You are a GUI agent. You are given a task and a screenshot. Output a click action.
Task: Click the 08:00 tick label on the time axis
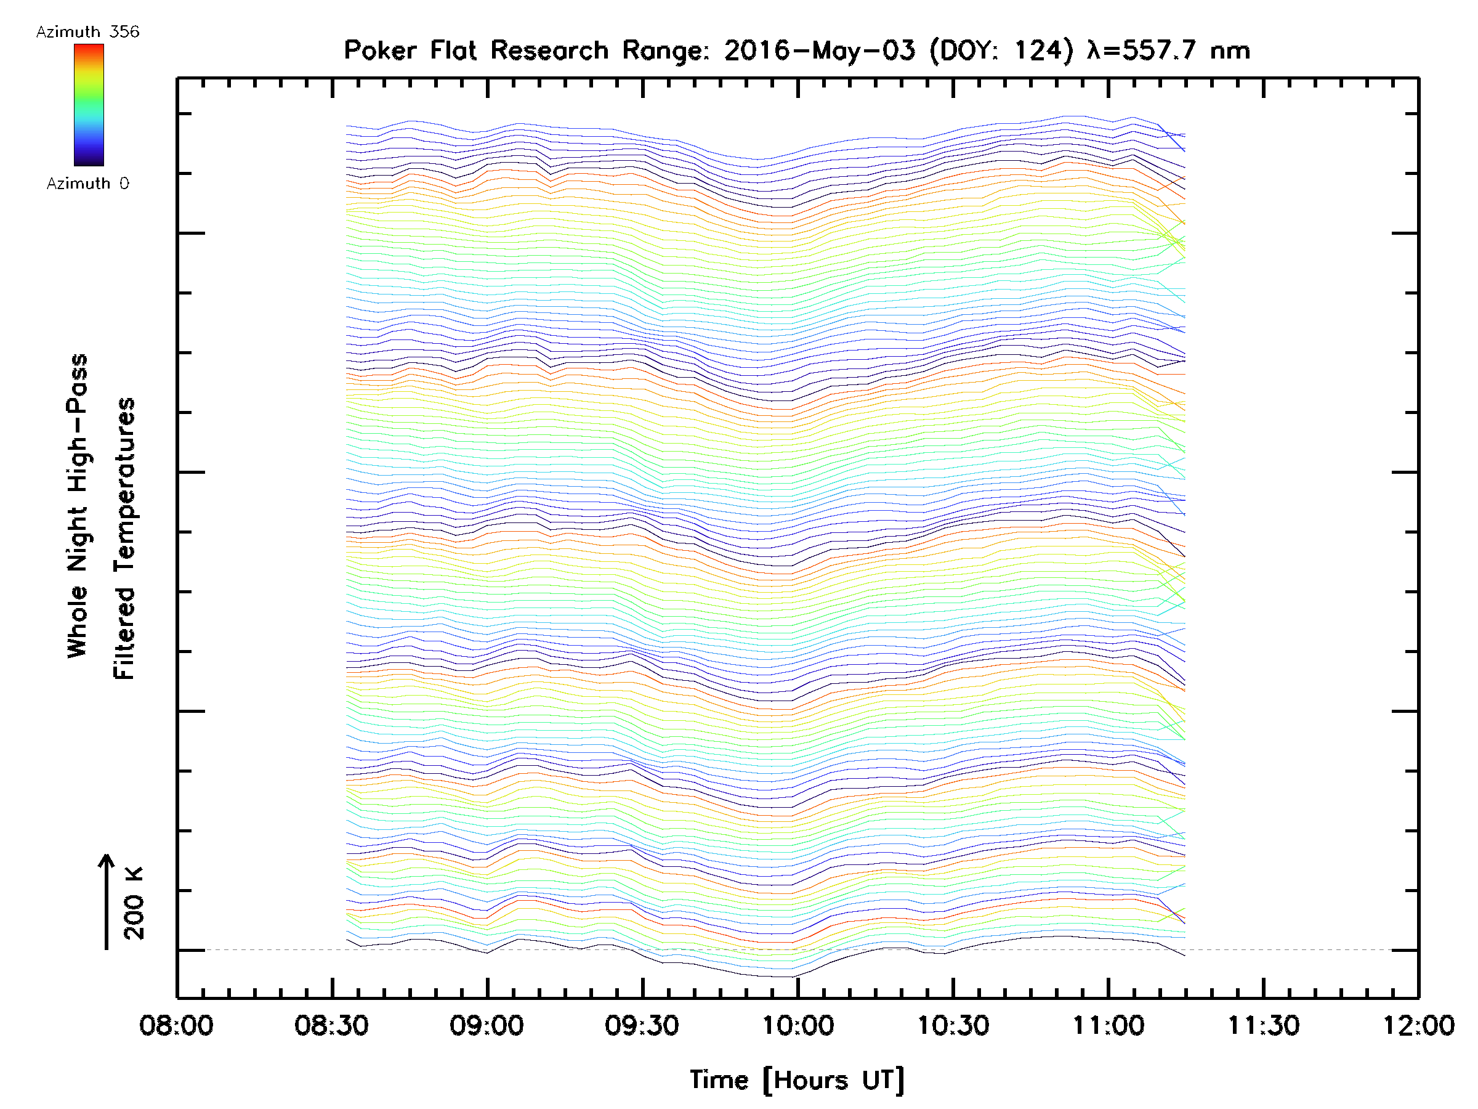coord(176,1025)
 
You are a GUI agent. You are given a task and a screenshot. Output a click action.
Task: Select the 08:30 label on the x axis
coord(331,1025)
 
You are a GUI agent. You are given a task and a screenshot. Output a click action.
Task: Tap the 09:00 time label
coord(487,1025)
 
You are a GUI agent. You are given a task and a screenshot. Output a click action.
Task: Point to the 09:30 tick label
coord(642,1025)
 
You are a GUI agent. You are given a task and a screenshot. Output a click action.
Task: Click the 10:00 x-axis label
coord(797,1025)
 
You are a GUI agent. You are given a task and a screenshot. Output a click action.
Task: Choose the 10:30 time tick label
coord(953,1025)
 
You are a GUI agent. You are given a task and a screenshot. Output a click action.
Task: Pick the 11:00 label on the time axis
coord(1108,1025)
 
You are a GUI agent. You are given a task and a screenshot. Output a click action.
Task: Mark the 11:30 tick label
coord(1264,1025)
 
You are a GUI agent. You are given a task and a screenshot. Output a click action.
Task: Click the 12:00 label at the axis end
coord(1418,1025)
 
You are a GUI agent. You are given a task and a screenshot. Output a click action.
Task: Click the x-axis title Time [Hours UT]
coord(796,1080)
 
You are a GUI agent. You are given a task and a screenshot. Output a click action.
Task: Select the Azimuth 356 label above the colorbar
coord(87,32)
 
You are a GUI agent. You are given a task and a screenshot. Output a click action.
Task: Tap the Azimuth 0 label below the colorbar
coord(87,183)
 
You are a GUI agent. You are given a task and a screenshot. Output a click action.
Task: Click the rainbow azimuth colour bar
coord(89,105)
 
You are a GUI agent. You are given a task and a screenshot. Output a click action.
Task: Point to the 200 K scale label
coord(134,903)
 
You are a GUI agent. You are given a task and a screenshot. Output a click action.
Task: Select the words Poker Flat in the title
coord(409,50)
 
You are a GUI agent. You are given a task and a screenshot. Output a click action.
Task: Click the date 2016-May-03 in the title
coord(819,50)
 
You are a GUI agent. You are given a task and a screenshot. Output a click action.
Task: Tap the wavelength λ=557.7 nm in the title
coord(1168,50)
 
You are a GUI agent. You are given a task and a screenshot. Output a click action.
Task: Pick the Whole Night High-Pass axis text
coord(78,506)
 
